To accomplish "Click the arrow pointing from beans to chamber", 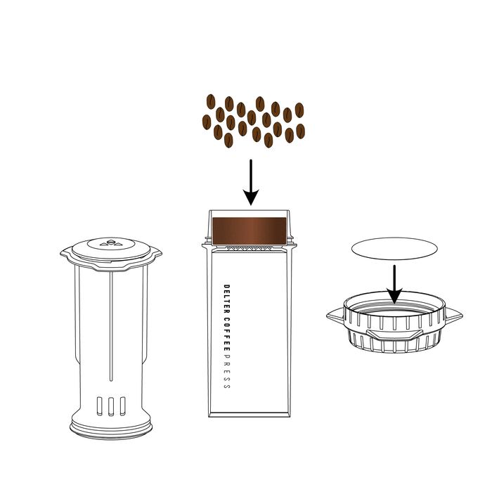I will pos(251,182).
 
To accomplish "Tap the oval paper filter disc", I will pos(394,249).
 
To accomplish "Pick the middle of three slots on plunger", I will pos(110,406).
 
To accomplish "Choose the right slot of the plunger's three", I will pos(122,406).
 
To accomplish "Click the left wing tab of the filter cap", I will pos(335,316).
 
